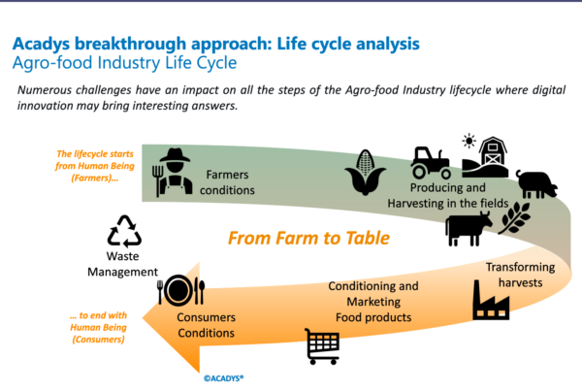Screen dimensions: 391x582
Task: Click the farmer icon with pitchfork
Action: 173,174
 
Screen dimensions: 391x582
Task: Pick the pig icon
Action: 535,183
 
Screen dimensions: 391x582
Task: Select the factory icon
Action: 491,301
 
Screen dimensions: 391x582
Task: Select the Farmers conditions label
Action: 229,183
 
